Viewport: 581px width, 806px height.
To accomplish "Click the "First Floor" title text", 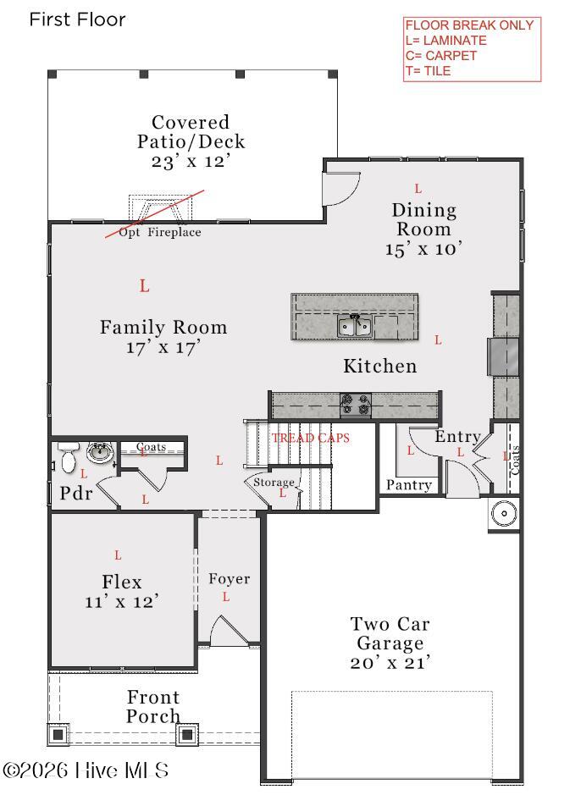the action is click(77, 19).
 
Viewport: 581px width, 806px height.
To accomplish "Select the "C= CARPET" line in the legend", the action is click(441, 56).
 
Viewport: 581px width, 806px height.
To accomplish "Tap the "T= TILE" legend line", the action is click(429, 71).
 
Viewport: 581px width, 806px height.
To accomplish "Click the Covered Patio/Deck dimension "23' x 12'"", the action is click(191, 162).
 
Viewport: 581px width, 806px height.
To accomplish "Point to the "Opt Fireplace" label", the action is click(160, 232).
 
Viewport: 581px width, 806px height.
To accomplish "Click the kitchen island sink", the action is click(354, 325).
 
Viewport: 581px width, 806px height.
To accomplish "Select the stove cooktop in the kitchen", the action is click(356, 405).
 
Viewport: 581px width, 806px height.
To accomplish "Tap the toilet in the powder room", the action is click(68, 456).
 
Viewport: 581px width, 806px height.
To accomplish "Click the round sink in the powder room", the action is click(100, 453).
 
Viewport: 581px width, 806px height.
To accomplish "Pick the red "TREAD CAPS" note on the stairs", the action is click(311, 438).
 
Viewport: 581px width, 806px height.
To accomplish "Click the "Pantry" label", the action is click(409, 485).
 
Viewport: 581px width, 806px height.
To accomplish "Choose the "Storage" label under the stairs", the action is click(274, 483).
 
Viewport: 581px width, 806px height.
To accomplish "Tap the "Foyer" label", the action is click(230, 579).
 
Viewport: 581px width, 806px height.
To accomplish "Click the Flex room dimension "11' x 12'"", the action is click(122, 601).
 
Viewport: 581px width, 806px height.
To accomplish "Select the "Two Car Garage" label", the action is click(390, 633).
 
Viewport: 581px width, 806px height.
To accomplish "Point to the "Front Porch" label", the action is click(153, 706).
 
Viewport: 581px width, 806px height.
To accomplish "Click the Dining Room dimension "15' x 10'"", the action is click(423, 249).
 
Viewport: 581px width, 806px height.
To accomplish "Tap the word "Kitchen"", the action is click(380, 366).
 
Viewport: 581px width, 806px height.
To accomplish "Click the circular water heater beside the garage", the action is click(504, 513).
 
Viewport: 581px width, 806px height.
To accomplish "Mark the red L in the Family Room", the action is click(145, 286).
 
